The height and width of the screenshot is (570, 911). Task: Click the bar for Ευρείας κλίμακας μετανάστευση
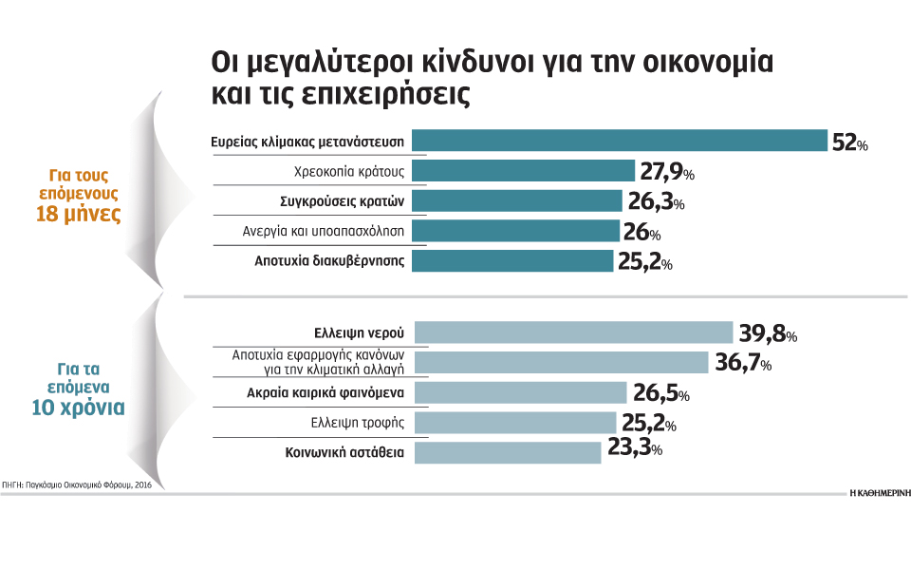(x=619, y=141)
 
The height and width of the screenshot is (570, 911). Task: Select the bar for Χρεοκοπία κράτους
(x=522, y=171)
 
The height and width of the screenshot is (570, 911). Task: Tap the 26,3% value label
(x=655, y=202)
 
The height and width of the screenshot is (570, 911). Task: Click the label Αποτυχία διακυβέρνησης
(x=330, y=261)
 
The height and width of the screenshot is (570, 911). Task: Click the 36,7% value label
(x=743, y=364)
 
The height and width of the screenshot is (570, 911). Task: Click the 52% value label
(x=849, y=142)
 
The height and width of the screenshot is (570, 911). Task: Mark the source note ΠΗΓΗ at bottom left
(x=76, y=484)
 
